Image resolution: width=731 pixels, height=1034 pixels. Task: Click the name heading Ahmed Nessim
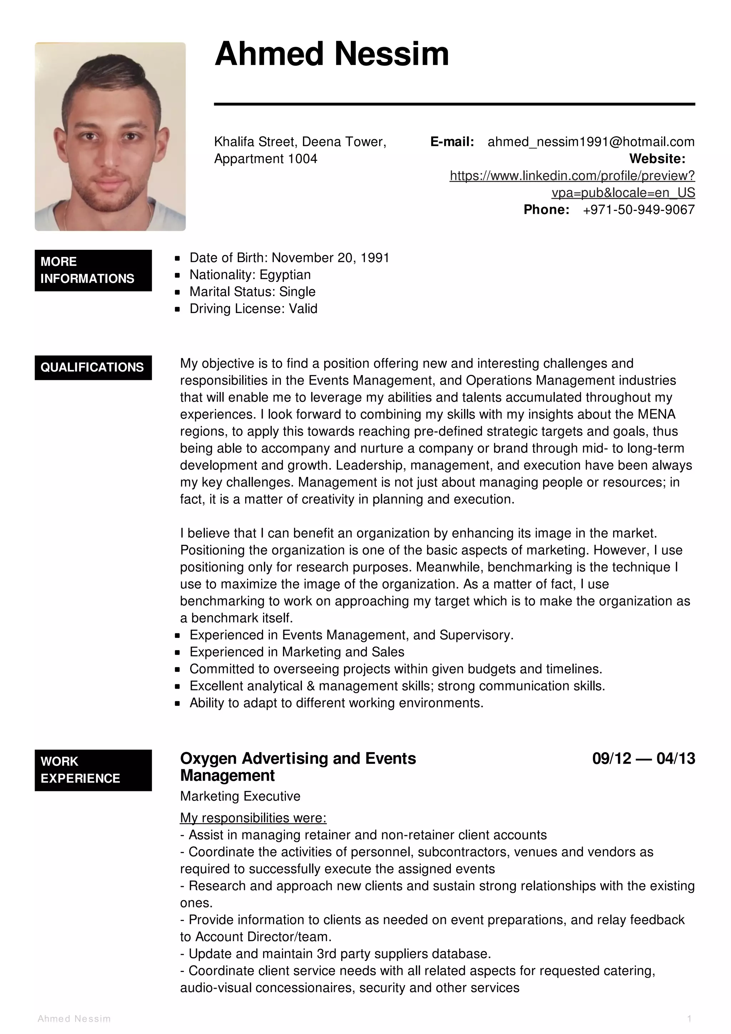click(332, 54)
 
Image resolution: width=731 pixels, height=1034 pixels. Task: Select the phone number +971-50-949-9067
click(638, 210)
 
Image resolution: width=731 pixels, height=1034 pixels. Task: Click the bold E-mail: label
click(452, 142)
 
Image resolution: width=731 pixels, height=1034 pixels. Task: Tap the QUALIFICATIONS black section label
click(93, 368)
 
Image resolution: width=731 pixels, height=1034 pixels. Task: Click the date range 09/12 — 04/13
click(643, 759)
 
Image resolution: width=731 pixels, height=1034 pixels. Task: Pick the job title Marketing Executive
click(240, 796)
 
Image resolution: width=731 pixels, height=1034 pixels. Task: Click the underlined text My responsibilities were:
click(253, 818)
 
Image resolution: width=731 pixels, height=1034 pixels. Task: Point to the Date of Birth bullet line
click(289, 258)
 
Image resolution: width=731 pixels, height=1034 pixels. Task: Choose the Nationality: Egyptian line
click(250, 275)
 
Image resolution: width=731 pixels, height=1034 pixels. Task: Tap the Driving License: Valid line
click(253, 309)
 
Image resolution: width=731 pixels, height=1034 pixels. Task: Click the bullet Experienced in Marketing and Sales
click(297, 652)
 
